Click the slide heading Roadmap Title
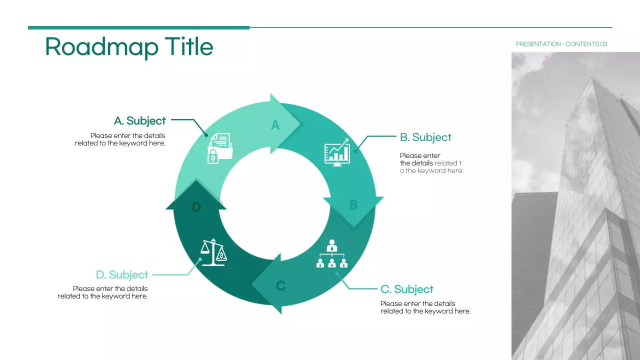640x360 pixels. click(x=129, y=46)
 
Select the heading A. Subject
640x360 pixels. click(x=139, y=120)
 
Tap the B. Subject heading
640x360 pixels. click(x=425, y=137)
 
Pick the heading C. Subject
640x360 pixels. click(x=406, y=289)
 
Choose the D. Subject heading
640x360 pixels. click(x=122, y=274)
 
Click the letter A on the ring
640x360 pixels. click(x=275, y=125)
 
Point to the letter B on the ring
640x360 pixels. click(x=353, y=205)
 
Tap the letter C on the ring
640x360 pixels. click(x=281, y=285)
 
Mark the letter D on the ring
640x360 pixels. click(x=196, y=207)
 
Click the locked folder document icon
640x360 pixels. click(x=219, y=148)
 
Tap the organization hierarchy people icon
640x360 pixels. click(x=332, y=254)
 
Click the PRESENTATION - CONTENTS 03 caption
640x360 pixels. click(x=561, y=44)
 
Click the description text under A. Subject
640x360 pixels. click(x=120, y=139)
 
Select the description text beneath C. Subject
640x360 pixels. click(x=425, y=307)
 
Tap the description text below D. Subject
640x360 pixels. click(x=102, y=292)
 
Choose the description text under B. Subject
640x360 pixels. click(x=431, y=163)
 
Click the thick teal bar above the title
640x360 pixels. click(x=138, y=28)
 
